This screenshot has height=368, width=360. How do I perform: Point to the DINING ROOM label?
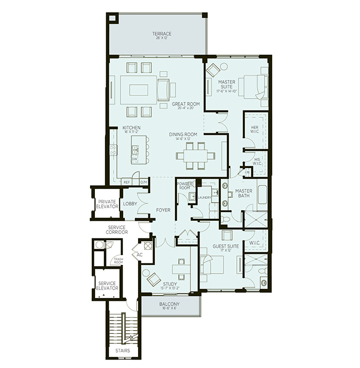(x=183, y=135)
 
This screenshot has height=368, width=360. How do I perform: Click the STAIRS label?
(x=123, y=350)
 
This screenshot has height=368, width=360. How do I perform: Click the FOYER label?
(x=163, y=210)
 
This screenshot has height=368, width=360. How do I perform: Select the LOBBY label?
(x=130, y=203)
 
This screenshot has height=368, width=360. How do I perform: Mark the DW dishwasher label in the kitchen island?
(x=135, y=159)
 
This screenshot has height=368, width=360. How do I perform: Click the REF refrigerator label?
(x=126, y=182)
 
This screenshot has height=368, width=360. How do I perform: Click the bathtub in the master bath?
(x=261, y=195)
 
